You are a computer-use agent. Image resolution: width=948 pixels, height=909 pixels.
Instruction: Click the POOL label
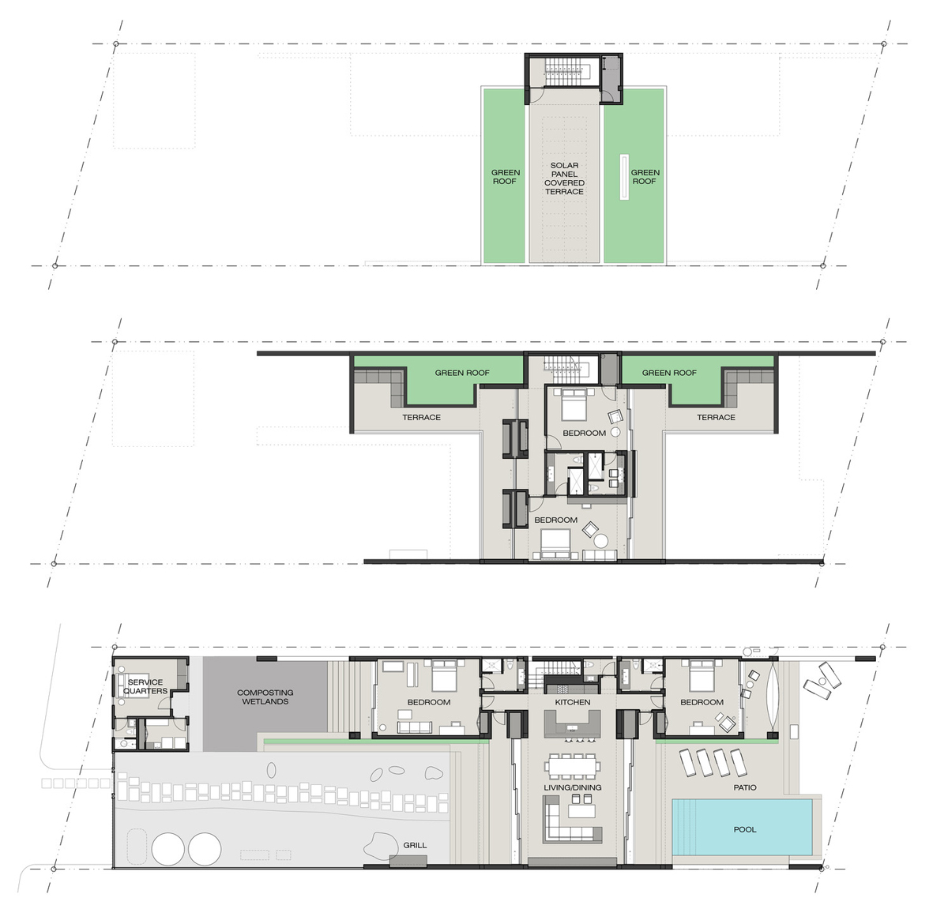[744, 830]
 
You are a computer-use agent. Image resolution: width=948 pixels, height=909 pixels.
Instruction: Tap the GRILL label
[415, 845]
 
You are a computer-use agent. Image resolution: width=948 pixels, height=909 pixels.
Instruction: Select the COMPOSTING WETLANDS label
[265, 697]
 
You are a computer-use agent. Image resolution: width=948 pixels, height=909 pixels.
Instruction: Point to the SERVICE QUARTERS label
[145, 686]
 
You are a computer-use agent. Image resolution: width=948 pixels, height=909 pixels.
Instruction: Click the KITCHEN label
[573, 702]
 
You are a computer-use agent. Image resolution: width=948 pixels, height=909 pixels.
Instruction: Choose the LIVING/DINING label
[573, 787]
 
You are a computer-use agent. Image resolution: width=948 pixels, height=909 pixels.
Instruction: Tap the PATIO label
[744, 787]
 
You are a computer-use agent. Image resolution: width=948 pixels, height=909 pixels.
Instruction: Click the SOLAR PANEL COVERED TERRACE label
[564, 178]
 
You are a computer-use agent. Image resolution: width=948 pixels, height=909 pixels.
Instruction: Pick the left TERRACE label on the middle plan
[421, 417]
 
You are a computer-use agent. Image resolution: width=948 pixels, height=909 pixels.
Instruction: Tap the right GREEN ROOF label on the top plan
[645, 177]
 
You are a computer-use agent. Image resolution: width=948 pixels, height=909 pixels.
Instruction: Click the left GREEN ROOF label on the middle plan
[462, 373]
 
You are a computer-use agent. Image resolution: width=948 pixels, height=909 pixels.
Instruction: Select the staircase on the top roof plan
[565, 69]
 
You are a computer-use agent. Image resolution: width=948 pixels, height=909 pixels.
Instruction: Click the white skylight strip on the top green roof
[624, 177]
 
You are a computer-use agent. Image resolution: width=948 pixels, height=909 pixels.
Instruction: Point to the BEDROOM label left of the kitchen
[429, 702]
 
